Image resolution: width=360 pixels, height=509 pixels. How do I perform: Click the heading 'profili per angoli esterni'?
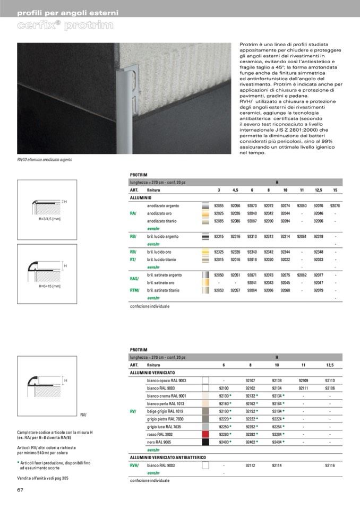click(68, 13)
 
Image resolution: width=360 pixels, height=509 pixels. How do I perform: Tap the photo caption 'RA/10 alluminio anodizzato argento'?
click(45, 159)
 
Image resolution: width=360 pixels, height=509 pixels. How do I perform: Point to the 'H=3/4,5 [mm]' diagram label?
click(49, 218)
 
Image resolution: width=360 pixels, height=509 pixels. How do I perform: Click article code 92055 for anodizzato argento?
click(219, 205)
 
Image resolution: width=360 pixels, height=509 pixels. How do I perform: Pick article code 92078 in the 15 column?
click(335, 205)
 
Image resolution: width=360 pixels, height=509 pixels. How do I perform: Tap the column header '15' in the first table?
click(335, 189)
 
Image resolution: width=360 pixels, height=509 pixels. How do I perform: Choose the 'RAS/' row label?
click(135, 279)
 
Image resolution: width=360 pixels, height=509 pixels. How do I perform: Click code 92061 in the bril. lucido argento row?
click(302, 237)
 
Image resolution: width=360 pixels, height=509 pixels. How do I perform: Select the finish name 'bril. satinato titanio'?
click(163, 290)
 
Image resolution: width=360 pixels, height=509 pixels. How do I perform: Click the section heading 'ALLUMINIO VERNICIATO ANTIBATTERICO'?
click(168, 457)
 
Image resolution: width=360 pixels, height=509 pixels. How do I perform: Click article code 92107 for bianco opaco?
click(251, 381)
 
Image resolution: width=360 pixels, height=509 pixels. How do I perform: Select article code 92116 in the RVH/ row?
click(330, 465)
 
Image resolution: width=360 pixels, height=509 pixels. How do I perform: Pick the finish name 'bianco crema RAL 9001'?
click(167, 396)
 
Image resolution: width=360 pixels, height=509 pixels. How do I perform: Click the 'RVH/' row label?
click(135, 465)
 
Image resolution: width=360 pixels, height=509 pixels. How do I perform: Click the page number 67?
click(21, 489)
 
